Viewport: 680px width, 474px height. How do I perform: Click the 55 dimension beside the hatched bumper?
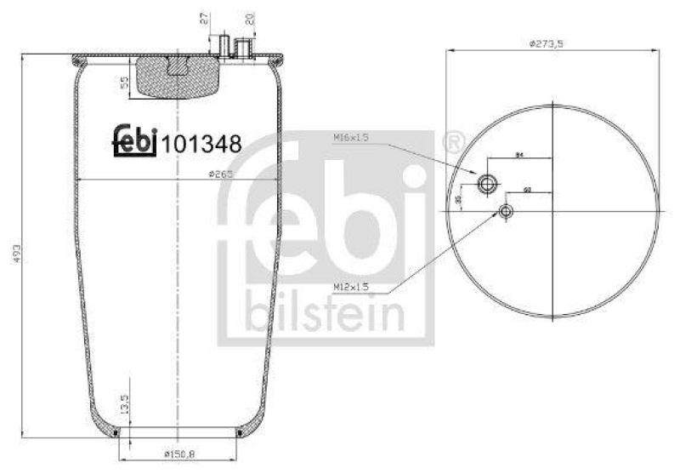tap(125, 83)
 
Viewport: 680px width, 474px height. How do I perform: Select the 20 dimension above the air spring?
tap(250, 19)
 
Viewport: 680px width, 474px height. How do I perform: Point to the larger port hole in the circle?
tap(488, 183)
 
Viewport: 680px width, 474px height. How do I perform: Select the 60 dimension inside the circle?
tap(527, 189)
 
